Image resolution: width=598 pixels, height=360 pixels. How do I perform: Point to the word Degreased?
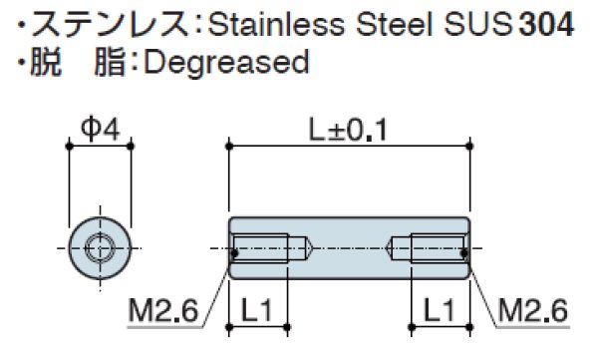point(228,63)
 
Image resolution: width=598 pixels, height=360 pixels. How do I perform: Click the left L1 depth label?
point(258,310)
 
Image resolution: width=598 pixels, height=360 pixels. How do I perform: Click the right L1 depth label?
point(439,310)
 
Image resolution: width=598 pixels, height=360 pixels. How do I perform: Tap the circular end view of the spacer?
point(99,245)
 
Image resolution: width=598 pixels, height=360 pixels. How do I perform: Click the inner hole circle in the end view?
point(99,245)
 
